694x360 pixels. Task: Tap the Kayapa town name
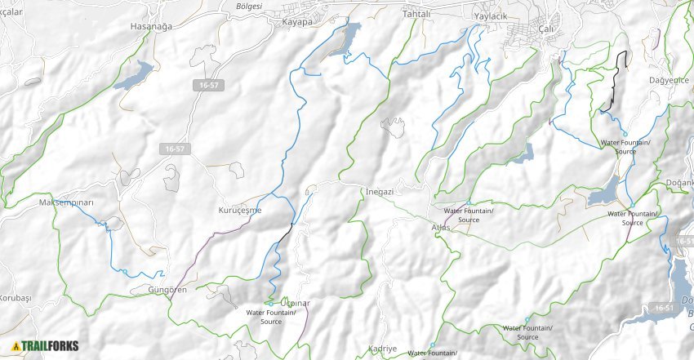point(297,22)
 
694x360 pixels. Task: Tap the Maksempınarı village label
point(67,202)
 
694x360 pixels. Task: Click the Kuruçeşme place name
point(240,210)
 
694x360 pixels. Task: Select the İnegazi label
point(380,191)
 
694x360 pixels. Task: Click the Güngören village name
point(167,290)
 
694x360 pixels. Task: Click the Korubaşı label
point(15,299)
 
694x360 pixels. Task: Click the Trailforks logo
point(46,345)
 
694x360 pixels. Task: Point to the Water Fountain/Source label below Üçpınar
point(270,317)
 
